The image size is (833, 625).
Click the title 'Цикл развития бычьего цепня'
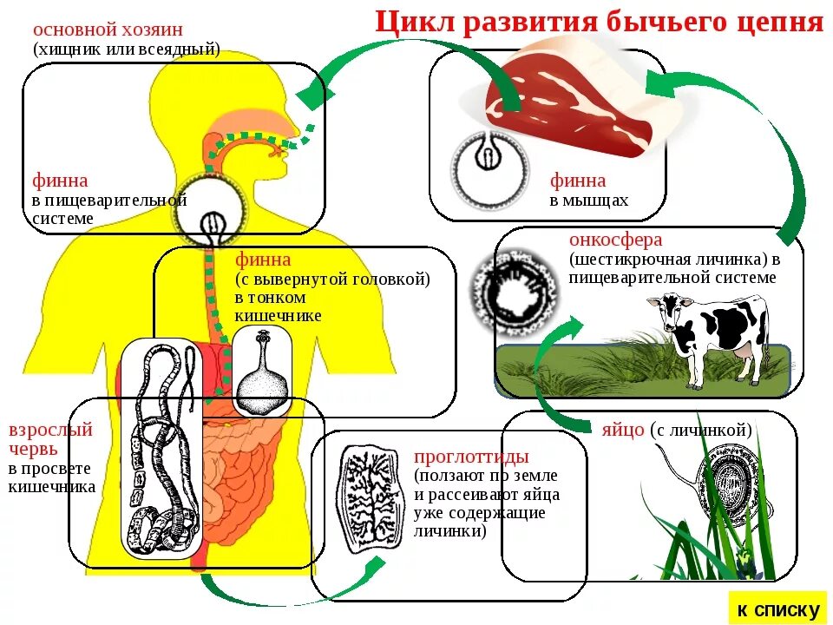coord(599,22)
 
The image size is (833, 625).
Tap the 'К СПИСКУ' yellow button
coord(778,610)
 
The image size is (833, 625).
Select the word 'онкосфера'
coord(615,240)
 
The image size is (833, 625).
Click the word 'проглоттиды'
coord(471,457)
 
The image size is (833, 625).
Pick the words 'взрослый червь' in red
coord(50,439)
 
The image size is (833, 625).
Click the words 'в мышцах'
coord(589,201)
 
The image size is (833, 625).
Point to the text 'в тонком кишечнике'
coord(278,306)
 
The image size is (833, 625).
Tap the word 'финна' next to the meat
coord(578,181)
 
